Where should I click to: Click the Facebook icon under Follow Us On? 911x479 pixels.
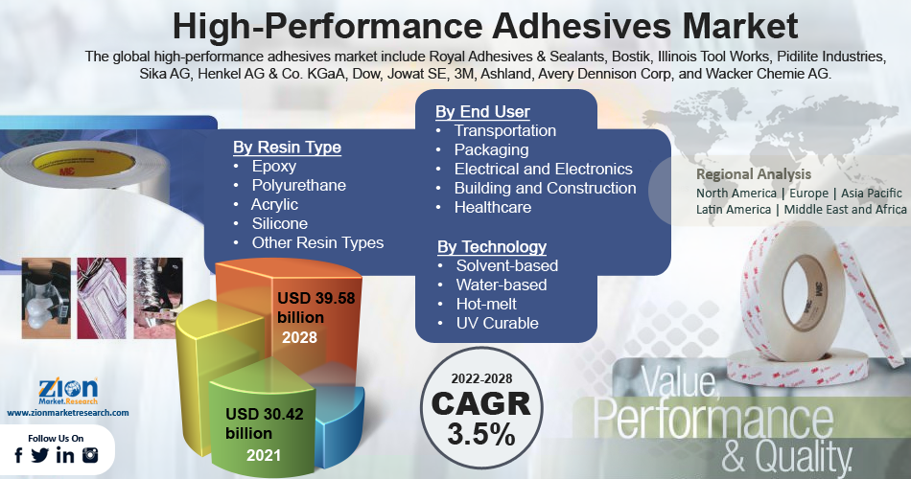click(18, 456)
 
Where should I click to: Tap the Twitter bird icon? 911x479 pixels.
click(40, 456)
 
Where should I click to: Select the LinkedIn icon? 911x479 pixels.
click(65, 456)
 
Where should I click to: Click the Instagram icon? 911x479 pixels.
click(90, 456)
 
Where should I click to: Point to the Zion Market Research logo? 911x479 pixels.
click(68, 391)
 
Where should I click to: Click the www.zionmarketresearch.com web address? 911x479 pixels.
click(68, 413)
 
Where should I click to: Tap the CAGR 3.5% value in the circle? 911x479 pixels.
click(481, 418)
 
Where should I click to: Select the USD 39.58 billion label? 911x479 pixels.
click(315, 308)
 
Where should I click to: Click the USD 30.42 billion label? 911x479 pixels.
click(265, 423)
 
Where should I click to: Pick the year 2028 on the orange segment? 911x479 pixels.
click(299, 337)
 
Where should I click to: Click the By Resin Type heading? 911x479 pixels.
click(287, 147)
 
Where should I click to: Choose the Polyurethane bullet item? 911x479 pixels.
click(298, 185)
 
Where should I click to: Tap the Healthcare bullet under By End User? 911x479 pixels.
click(493, 207)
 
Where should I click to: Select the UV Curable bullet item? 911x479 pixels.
click(498, 323)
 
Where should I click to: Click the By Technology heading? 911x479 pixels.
click(492, 247)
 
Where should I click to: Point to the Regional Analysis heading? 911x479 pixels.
click(754, 174)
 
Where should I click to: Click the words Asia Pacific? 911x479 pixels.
click(872, 194)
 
